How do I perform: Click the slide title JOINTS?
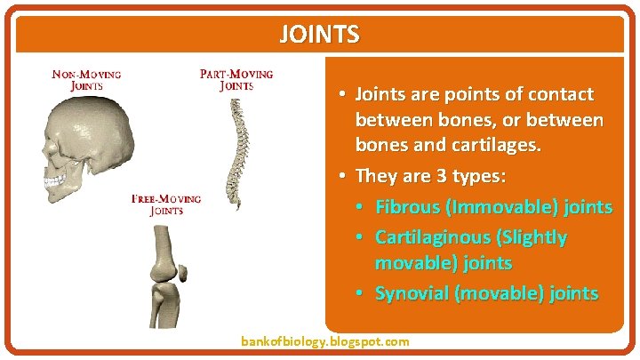pyautogui.click(x=319, y=35)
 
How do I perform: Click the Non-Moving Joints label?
pyautogui.click(x=86, y=80)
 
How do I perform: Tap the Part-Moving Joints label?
pyautogui.click(x=236, y=80)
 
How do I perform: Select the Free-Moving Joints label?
pyautogui.click(x=166, y=204)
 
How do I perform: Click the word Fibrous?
pyautogui.click(x=409, y=207)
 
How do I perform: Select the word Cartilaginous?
pyautogui.click(x=432, y=237)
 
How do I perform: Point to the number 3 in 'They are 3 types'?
pyautogui.click(x=440, y=175)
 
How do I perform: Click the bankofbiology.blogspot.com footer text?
pyautogui.click(x=325, y=341)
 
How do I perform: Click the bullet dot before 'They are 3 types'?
pyautogui.click(x=342, y=176)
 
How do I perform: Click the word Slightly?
pyautogui.click(x=532, y=237)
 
